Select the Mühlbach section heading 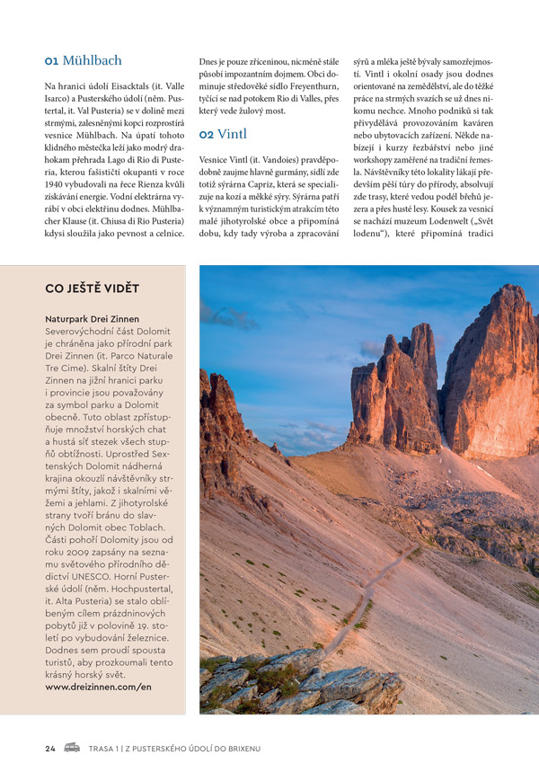[92, 61]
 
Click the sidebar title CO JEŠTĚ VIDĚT [92, 288]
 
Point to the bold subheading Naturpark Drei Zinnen [92, 319]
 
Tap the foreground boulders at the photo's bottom [305, 688]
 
